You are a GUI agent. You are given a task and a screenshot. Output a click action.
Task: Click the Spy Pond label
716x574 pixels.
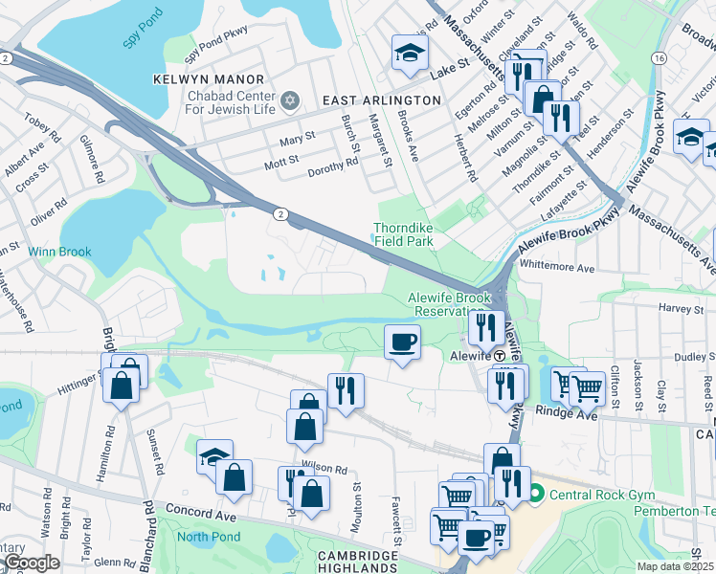coord(144,40)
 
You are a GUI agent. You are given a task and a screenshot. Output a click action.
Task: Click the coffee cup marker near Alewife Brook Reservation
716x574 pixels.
coord(403,342)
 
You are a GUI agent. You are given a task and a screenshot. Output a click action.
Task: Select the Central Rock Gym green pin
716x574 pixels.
coord(536,494)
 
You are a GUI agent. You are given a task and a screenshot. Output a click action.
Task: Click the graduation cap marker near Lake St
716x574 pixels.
coord(409,52)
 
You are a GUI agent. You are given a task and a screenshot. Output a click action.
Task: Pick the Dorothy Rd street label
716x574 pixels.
coord(332,166)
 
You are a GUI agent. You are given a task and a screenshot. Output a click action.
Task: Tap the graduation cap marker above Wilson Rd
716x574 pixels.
coord(214,457)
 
